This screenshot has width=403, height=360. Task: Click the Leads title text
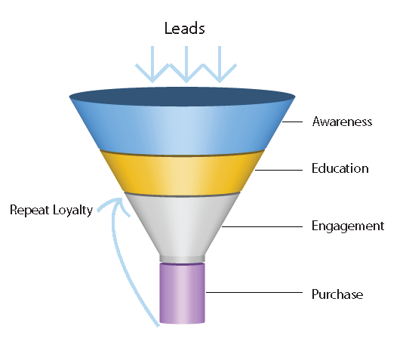tap(185, 28)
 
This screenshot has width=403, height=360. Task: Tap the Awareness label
tap(342, 122)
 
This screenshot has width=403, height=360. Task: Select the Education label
tap(340, 168)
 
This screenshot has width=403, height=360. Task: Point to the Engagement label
tap(348, 226)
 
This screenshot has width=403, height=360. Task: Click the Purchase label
tap(337, 294)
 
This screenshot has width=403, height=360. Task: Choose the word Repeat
tap(29, 210)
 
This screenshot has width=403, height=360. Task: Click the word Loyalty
tap(72, 211)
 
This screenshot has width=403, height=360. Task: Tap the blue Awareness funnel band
tap(182, 128)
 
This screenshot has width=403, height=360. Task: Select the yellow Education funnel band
tap(182, 174)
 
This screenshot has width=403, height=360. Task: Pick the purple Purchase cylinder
tap(182, 293)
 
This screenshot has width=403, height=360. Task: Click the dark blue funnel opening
tap(182, 97)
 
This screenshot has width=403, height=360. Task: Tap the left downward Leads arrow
tap(152, 64)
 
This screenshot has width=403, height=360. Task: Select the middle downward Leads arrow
tap(186, 64)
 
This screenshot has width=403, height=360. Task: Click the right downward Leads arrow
tap(220, 64)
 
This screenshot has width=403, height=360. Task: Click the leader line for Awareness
tap(292, 122)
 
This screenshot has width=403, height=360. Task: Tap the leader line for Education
tap(278, 170)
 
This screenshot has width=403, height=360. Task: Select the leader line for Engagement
tap(262, 226)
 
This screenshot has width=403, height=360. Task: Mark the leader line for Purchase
tap(254, 292)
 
